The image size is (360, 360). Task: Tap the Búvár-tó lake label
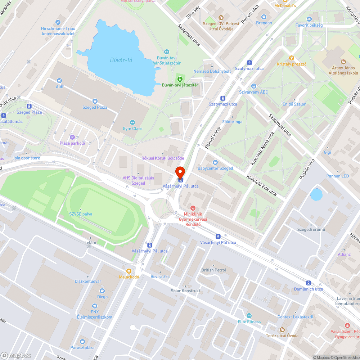click(121, 60)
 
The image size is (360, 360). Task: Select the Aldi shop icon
click(59, 81)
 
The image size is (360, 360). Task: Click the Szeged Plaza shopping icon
click(95, 102)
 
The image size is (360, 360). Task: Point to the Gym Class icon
click(132, 122)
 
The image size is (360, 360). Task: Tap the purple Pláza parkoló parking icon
click(72, 137)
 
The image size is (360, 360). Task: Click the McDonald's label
click(285, 6)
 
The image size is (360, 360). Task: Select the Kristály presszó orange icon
click(292, 58)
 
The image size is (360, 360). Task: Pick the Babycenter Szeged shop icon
click(215, 162)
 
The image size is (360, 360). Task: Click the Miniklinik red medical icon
click(193, 208)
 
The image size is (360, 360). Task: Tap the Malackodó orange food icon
click(129, 271)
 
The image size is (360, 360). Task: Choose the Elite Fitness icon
click(249, 315)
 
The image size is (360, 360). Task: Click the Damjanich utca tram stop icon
click(309, 283)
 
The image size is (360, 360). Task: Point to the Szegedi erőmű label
click(311, 230)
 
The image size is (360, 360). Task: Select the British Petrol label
click(214, 270)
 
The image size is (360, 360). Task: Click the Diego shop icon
click(102, 291)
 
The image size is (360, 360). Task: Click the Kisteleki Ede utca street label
click(261, 185)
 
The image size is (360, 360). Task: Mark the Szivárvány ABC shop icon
click(253, 86)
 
